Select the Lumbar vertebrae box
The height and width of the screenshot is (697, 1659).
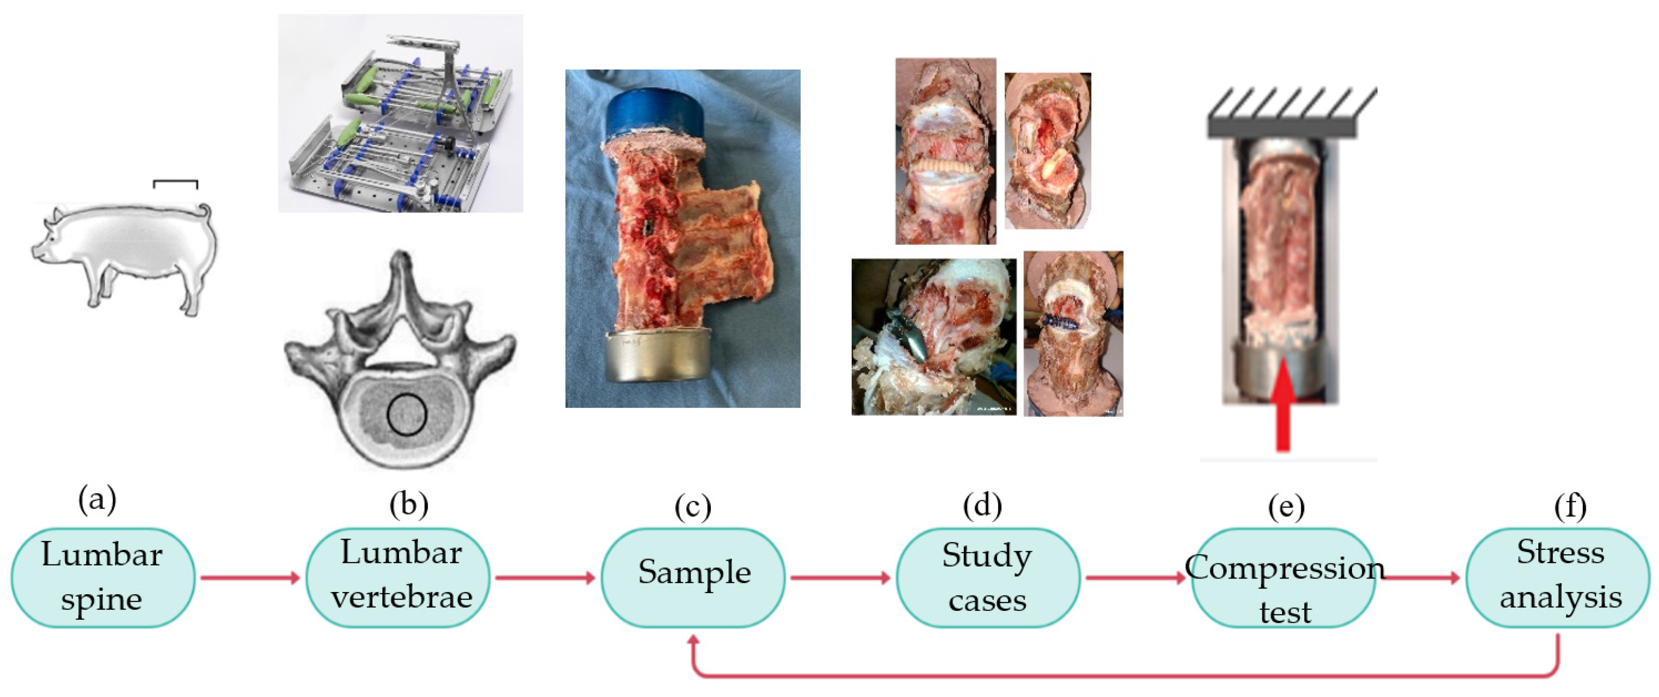[398, 577]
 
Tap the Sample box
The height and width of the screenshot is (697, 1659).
[693, 577]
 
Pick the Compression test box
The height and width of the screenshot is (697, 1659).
[1283, 577]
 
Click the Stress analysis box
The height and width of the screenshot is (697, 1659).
[1558, 577]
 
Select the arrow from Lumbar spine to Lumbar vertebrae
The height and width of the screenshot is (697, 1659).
[250, 577]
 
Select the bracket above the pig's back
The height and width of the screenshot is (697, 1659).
[175, 184]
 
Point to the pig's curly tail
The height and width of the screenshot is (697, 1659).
[205, 212]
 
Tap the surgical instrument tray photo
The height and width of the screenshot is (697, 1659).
[400, 114]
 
